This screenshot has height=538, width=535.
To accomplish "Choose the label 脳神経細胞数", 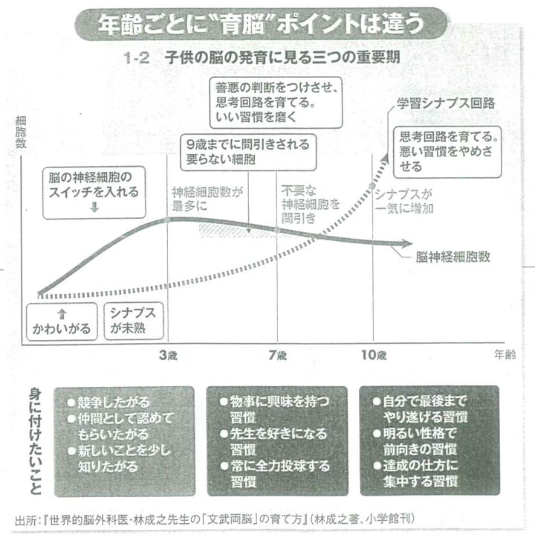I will point(453,257).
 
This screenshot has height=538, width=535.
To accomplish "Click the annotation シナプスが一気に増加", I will point(404,200).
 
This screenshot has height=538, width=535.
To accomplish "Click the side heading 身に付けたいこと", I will point(36,440).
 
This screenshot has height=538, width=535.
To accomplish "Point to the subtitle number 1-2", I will point(141,57).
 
